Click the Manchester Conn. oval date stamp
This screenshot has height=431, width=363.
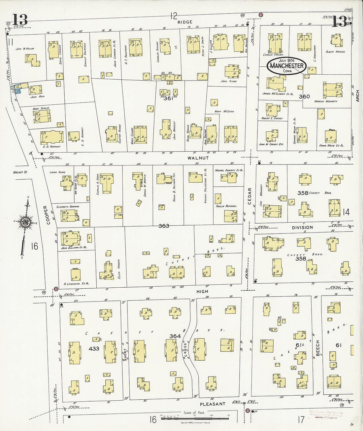tap(286, 65)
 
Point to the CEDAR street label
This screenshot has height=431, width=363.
tap(249, 196)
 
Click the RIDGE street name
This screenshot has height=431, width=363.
tap(184, 22)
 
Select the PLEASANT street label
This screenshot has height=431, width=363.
tap(213, 404)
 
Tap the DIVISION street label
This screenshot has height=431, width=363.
tap(302, 227)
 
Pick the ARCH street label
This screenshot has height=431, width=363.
tap(357, 96)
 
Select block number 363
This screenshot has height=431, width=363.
tap(164, 226)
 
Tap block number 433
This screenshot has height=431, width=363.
tap(94, 348)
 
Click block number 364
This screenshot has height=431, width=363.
tap(175, 336)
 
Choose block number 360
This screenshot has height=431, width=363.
tap(304, 96)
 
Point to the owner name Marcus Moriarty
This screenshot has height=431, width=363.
tap(326, 101)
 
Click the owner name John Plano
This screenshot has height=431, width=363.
tap(229, 81)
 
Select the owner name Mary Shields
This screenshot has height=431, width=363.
tap(41, 108)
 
